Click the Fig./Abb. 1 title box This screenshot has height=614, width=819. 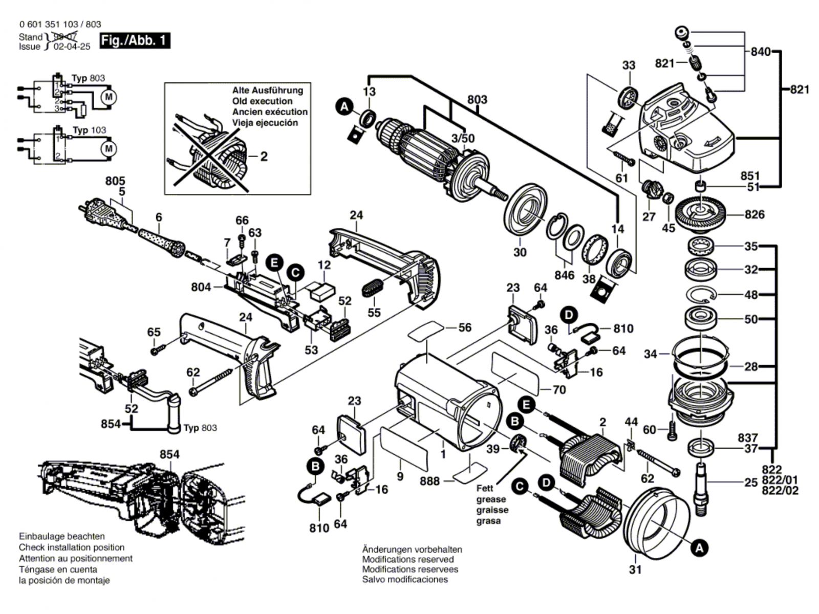[135, 40]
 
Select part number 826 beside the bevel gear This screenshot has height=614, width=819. [755, 214]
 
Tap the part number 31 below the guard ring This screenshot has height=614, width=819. [635, 569]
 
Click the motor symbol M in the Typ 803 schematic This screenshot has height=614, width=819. [109, 96]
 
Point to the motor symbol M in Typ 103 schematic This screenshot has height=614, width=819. [109, 148]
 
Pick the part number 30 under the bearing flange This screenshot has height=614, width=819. [520, 252]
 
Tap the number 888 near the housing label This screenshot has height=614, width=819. [430, 481]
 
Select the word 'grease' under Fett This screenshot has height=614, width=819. [491, 499]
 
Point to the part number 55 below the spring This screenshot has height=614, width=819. [374, 312]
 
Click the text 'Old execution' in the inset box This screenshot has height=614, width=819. [262, 101]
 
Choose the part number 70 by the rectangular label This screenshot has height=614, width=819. [559, 390]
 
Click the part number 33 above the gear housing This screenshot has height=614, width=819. [629, 65]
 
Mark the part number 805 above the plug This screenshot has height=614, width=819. [115, 181]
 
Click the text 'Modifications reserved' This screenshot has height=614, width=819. [408, 559]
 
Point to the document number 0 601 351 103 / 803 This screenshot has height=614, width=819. [60, 24]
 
